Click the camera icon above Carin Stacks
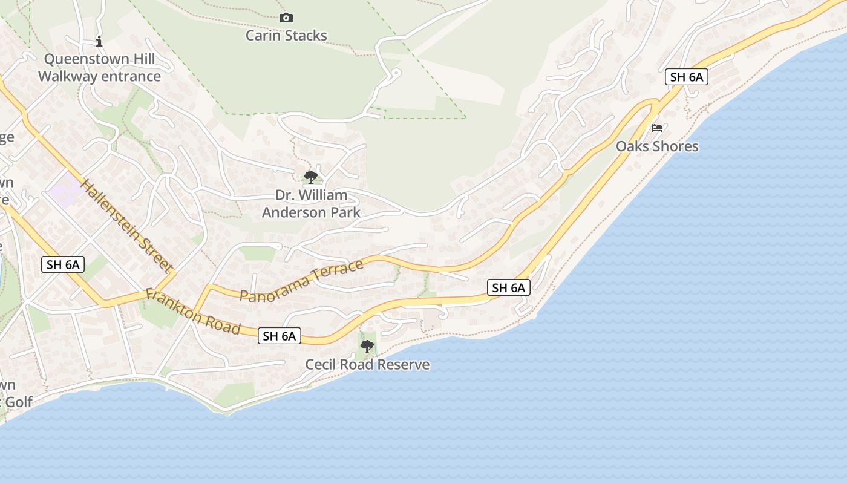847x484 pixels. [286, 18]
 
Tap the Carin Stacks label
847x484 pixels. [286, 36]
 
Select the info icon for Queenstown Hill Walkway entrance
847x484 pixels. [99, 41]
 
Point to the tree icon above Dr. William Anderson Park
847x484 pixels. [311, 177]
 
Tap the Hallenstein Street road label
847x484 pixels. [127, 225]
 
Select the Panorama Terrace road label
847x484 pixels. [301, 280]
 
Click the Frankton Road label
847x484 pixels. [193, 312]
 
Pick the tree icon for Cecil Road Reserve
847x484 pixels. [367, 347]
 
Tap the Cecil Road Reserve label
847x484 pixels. [367, 364]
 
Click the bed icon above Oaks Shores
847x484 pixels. [657, 128]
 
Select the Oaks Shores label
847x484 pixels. [657, 146]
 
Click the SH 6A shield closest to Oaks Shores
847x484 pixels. [687, 77]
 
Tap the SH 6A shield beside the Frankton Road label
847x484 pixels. [280, 336]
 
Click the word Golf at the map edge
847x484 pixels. [19, 402]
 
